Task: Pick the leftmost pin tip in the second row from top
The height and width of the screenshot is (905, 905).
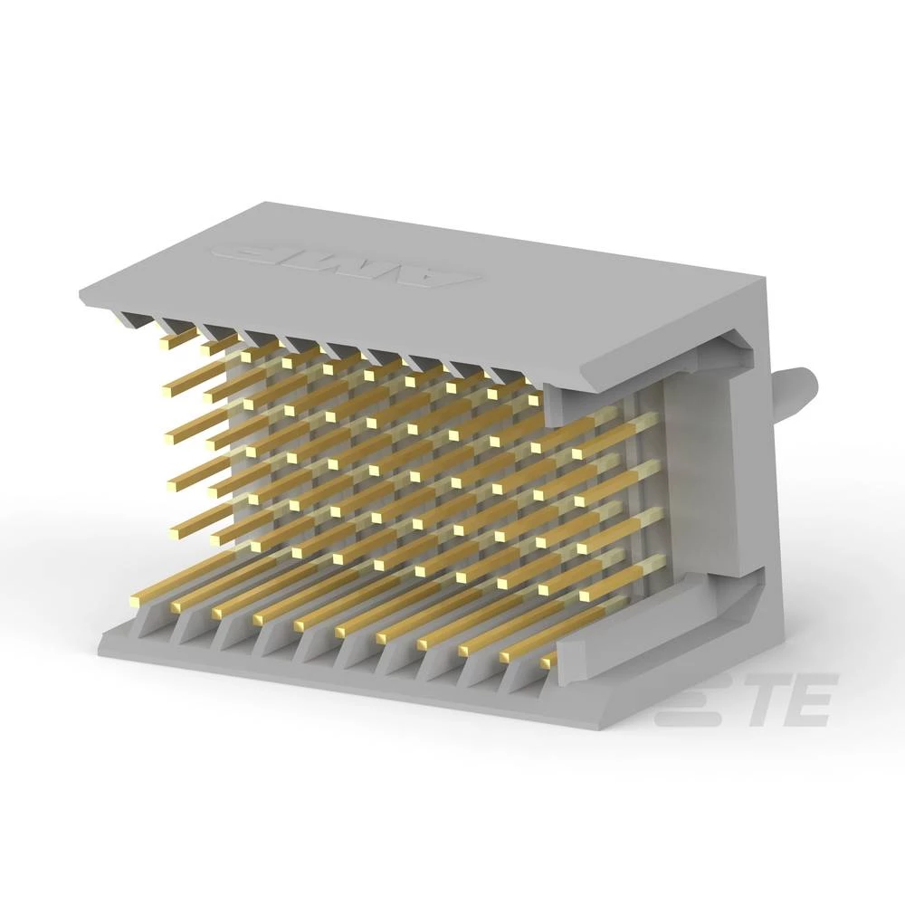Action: tap(168, 393)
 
